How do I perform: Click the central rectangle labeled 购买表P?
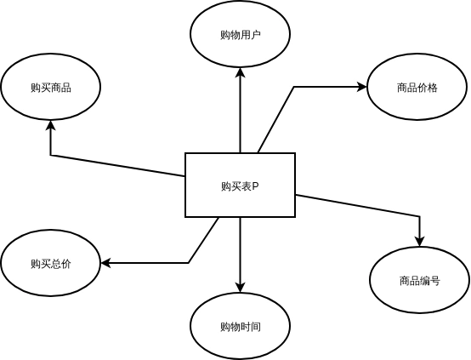click(x=240, y=185)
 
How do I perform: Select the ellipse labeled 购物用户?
click(x=240, y=34)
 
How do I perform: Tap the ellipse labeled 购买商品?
click(x=50, y=87)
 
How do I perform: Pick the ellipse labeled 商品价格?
click(x=417, y=87)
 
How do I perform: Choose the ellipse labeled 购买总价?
click(x=50, y=263)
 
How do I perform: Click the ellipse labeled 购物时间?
click(x=240, y=326)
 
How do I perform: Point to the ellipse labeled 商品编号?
click(x=419, y=280)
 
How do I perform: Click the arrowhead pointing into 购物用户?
click(x=240, y=74)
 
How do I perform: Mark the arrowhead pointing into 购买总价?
click(x=106, y=263)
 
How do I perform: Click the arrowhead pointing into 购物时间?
click(x=240, y=287)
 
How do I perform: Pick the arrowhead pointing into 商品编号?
click(x=419, y=241)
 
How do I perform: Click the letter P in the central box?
click(x=255, y=186)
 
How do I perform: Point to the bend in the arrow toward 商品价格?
click(x=294, y=87)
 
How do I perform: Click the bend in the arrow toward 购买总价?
click(x=189, y=263)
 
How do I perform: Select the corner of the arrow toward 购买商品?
click(x=50, y=155)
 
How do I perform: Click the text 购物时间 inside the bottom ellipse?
click(x=240, y=327)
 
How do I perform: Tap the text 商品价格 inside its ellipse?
click(x=417, y=88)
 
